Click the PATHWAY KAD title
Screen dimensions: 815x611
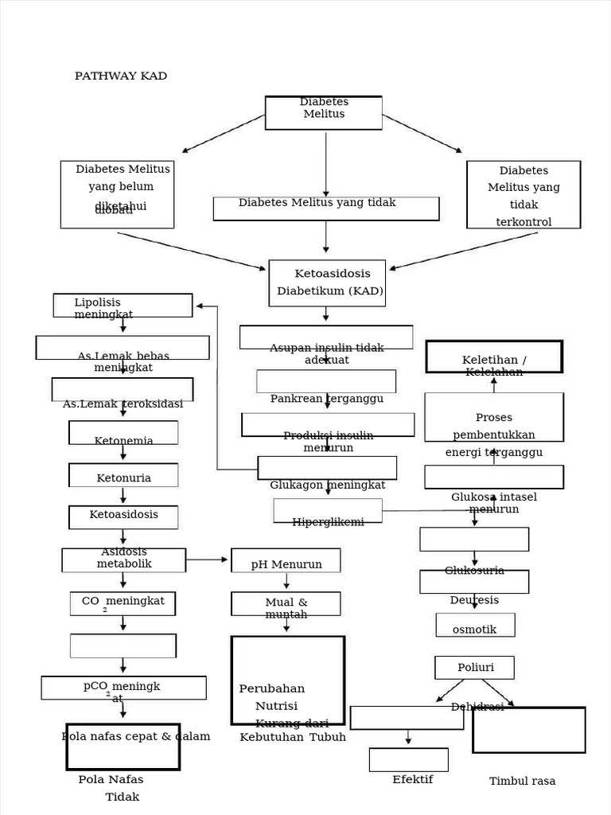tap(121, 76)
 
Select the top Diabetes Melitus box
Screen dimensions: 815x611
tap(324, 112)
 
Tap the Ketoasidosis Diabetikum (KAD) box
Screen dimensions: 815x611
tap(327, 283)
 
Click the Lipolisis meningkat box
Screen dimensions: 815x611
tap(123, 306)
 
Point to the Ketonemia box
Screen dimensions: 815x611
tap(123, 433)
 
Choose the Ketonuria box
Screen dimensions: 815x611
tap(123, 476)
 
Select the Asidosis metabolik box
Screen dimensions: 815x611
tap(124, 560)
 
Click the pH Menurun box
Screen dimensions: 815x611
tap(286, 560)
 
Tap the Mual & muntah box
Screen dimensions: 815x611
tap(286, 604)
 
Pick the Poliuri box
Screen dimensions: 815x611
tap(474, 667)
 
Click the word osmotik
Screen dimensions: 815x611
tap(474, 630)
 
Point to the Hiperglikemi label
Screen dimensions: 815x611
tap(328, 522)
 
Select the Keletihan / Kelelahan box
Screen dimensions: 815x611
tap(494, 357)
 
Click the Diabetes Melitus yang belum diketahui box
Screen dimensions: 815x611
tap(117, 194)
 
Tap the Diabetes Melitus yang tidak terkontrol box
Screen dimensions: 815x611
tap(523, 195)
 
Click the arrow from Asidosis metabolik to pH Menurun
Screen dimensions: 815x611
tap(208, 560)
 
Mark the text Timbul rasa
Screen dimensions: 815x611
tap(522, 781)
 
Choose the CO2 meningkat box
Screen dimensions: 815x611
tap(123, 603)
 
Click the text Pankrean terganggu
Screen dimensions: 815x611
tap(327, 398)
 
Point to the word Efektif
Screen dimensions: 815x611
tap(413, 779)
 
